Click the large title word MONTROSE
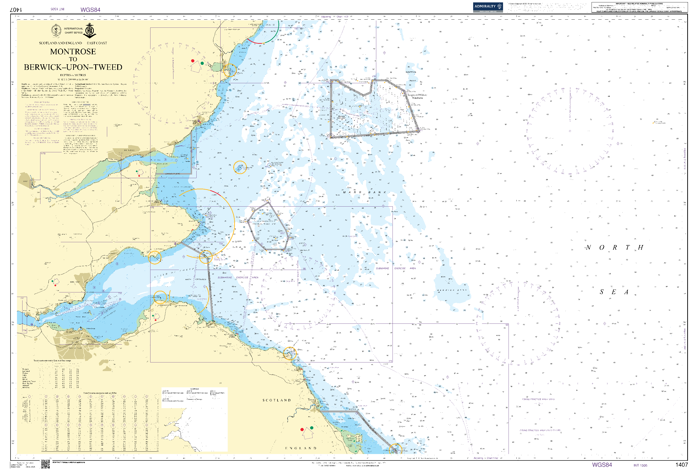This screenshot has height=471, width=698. pyautogui.click(x=73, y=52)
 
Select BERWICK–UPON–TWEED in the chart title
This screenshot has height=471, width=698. pyautogui.click(x=73, y=67)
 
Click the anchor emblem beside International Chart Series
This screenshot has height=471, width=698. pyautogui.click(x=89, y=31)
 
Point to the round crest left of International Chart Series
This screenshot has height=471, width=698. pyautogui.click(x=56, y=31)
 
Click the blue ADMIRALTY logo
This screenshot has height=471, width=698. pyautogui.click(x=487, y=7)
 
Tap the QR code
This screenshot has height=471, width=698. pyautogui.click(x=45, y=464)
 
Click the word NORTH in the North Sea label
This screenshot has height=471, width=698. pyautogui.click(x=614, y=248)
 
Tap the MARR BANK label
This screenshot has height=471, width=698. pyautogui.click(x=364, y=192)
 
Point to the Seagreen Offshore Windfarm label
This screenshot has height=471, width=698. pyautogui.click(x=417, y=96)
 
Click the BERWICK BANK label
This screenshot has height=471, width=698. pyautogui.click(x=452, y=290)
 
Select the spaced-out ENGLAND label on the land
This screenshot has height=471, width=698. pyautogui.click(x=300, y=448)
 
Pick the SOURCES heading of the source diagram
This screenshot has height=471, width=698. pyautogui.click(x=194, y=389)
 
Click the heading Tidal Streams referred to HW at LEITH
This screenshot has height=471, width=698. pyautogui.click(x=100, y=393)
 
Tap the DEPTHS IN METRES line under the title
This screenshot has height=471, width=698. pyautogui.click(x=73, y=75)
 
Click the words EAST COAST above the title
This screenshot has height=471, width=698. pyautogui.click(x=97, y=43)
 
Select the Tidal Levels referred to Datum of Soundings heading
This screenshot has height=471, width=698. pyautogui.click(x=52, y=361)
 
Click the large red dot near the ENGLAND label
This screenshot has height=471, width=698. pyautogui.click(x=302, y=430)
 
